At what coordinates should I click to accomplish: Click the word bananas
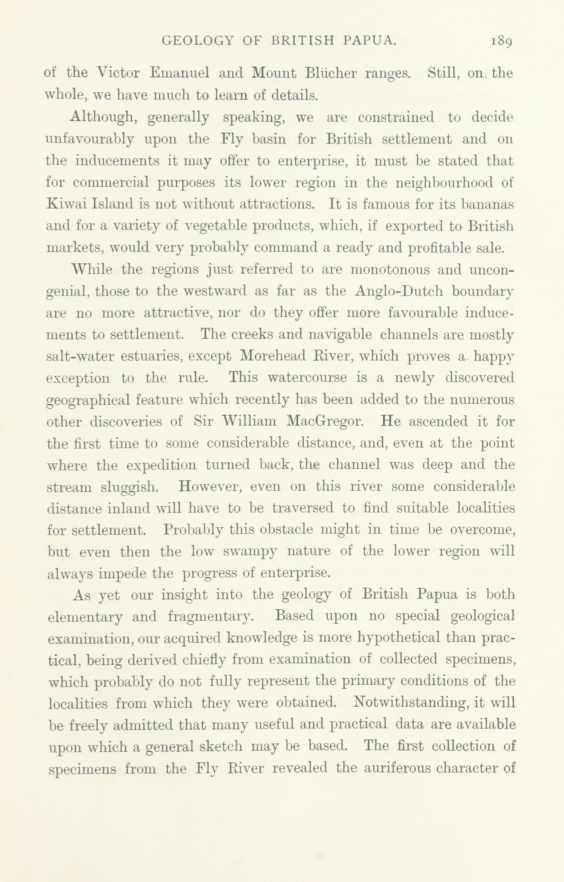[487, 204]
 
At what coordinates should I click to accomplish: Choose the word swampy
[250, 552]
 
